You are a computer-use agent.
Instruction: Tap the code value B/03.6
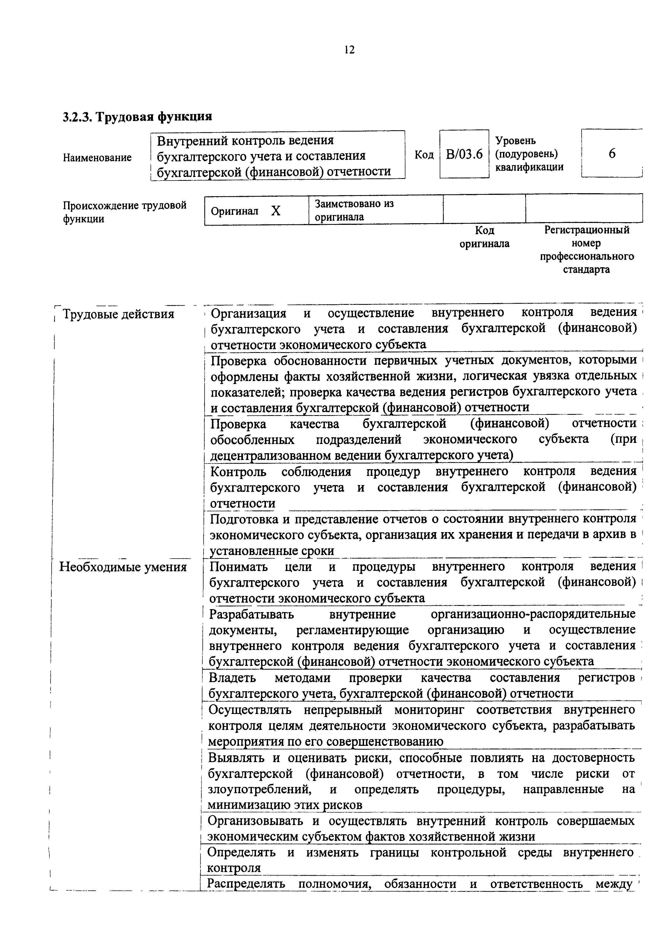tap(464, 154)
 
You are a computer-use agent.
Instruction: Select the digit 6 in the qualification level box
tap(612, 153)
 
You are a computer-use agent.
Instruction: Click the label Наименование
tap(97, 158)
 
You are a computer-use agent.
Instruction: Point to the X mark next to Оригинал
tap(275, 211)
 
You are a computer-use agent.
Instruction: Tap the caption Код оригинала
tap(484, 236)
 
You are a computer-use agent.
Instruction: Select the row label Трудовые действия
tap(118, 315)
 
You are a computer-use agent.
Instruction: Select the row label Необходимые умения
tap(123, 567)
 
